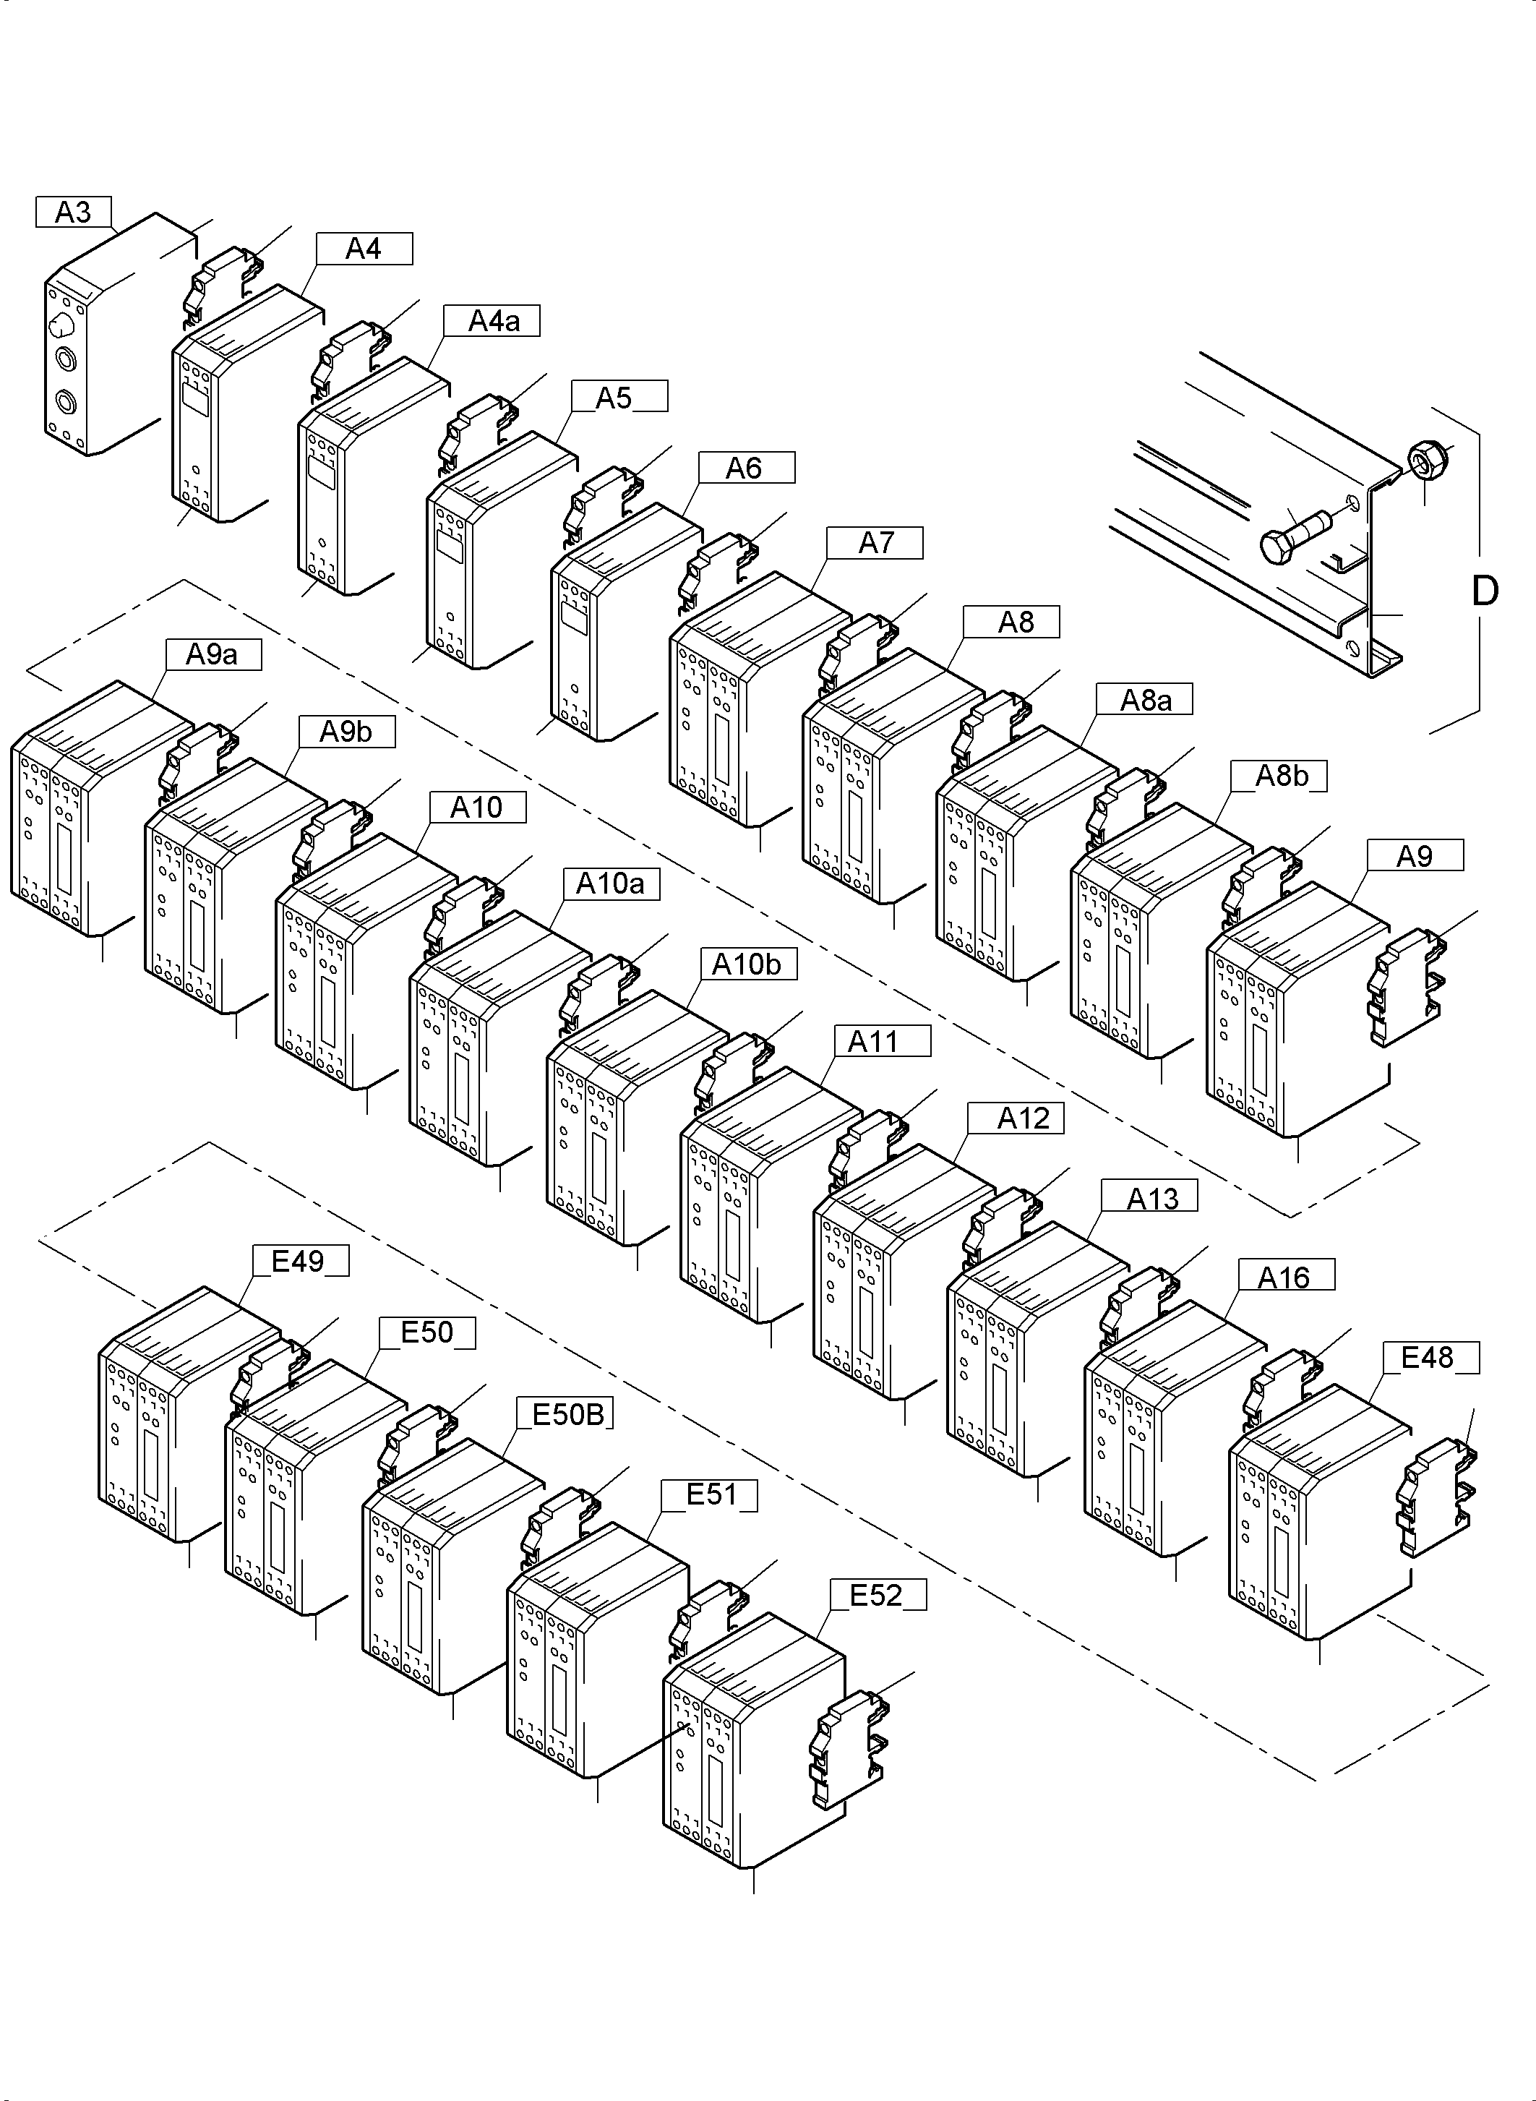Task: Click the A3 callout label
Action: [x=74, y=212]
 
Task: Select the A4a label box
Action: [x=492, y=321]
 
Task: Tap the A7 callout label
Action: [x=874, y=542]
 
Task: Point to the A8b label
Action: [x=1279, y=776]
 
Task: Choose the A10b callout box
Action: [x=747, y=964]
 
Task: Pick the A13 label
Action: [x=1151, y=1199]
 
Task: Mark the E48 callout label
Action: [x=1428, y=1358]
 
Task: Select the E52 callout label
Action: [x=876, y=1595]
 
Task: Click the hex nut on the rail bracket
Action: [x=1423, y=458]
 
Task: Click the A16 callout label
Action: [x=1285, y=1278]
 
